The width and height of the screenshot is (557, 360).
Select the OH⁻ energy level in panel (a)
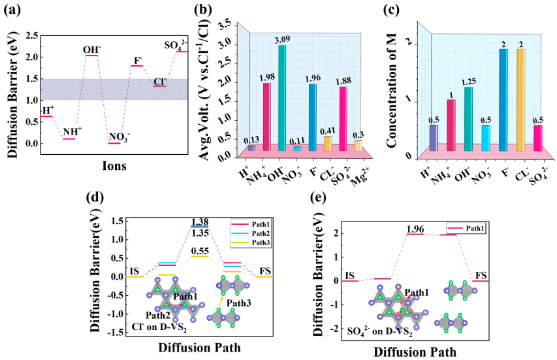pyautogui.click(x=91, y=56)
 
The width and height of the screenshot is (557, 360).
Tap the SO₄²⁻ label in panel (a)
pyautogui.click(x=175, y=45)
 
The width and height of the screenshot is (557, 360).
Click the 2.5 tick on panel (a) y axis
pyautogui.click(x=29, y=36)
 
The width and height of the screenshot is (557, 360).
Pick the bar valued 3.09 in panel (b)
pyautogui.click(x=282, y=98)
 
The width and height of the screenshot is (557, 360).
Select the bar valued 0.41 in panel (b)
pyautogui.click(x=328, y=143)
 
